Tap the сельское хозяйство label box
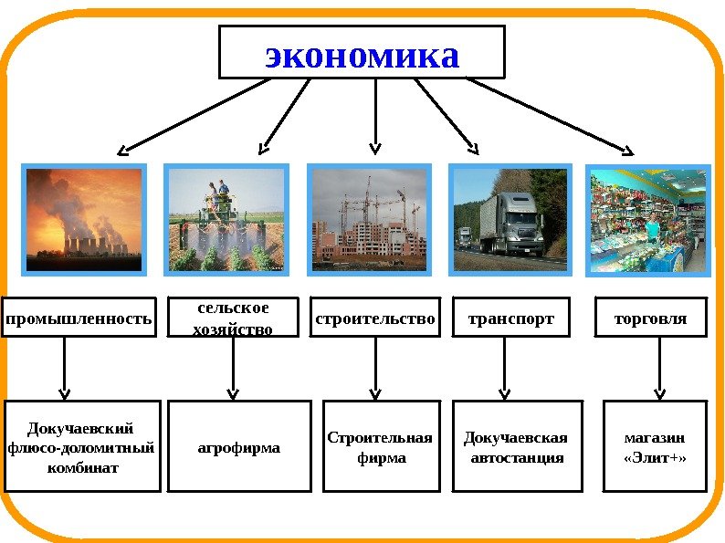(x=234, y=318)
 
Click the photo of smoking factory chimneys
(x=85, y=219)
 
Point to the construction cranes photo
(x=369, y=219)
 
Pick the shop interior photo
(x=647, y=219)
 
